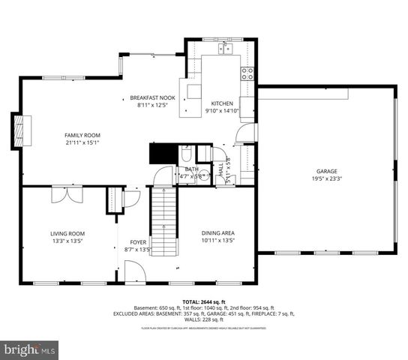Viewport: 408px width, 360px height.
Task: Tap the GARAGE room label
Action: tap(325, 170)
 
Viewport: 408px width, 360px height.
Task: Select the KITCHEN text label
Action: tap(221, 103)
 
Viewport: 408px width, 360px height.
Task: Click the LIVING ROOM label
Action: tap(67, 233)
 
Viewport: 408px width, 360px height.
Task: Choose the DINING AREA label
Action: tap(217, 233)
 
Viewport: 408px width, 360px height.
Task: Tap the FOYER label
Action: tap(138, 241)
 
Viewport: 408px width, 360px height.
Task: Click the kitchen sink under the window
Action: tap(224, 49)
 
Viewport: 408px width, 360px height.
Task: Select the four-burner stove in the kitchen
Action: tap(247, 73)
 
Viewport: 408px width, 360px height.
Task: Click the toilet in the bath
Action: tap(184, 157)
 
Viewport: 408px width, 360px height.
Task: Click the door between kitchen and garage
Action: tap(246, 134)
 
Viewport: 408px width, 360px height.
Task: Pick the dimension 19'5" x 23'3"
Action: tap(325, 178)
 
